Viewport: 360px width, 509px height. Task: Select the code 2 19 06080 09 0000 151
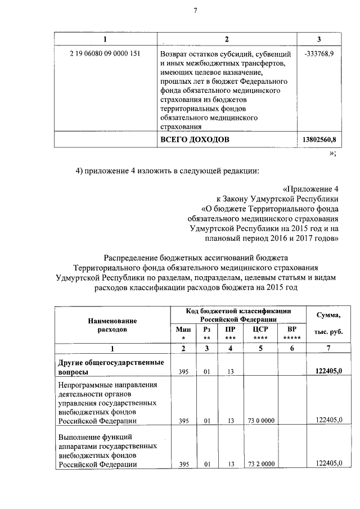tap(105, 54)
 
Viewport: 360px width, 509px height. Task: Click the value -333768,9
tap(318, 54)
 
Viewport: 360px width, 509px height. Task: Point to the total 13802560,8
tap(319, 139)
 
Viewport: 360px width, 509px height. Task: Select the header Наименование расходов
tap(112, 324)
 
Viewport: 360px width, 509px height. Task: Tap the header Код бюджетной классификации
tap(238, 314)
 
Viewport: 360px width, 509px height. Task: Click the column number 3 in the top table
tap(318, 38)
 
